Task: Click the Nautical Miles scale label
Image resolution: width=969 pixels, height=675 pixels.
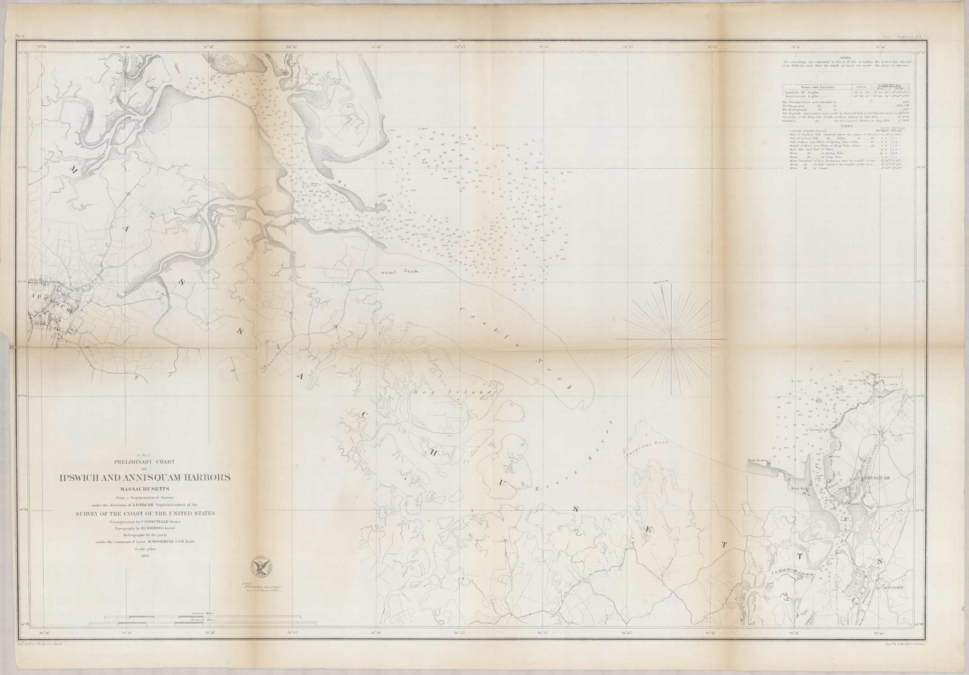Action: (x=203, y=620)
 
